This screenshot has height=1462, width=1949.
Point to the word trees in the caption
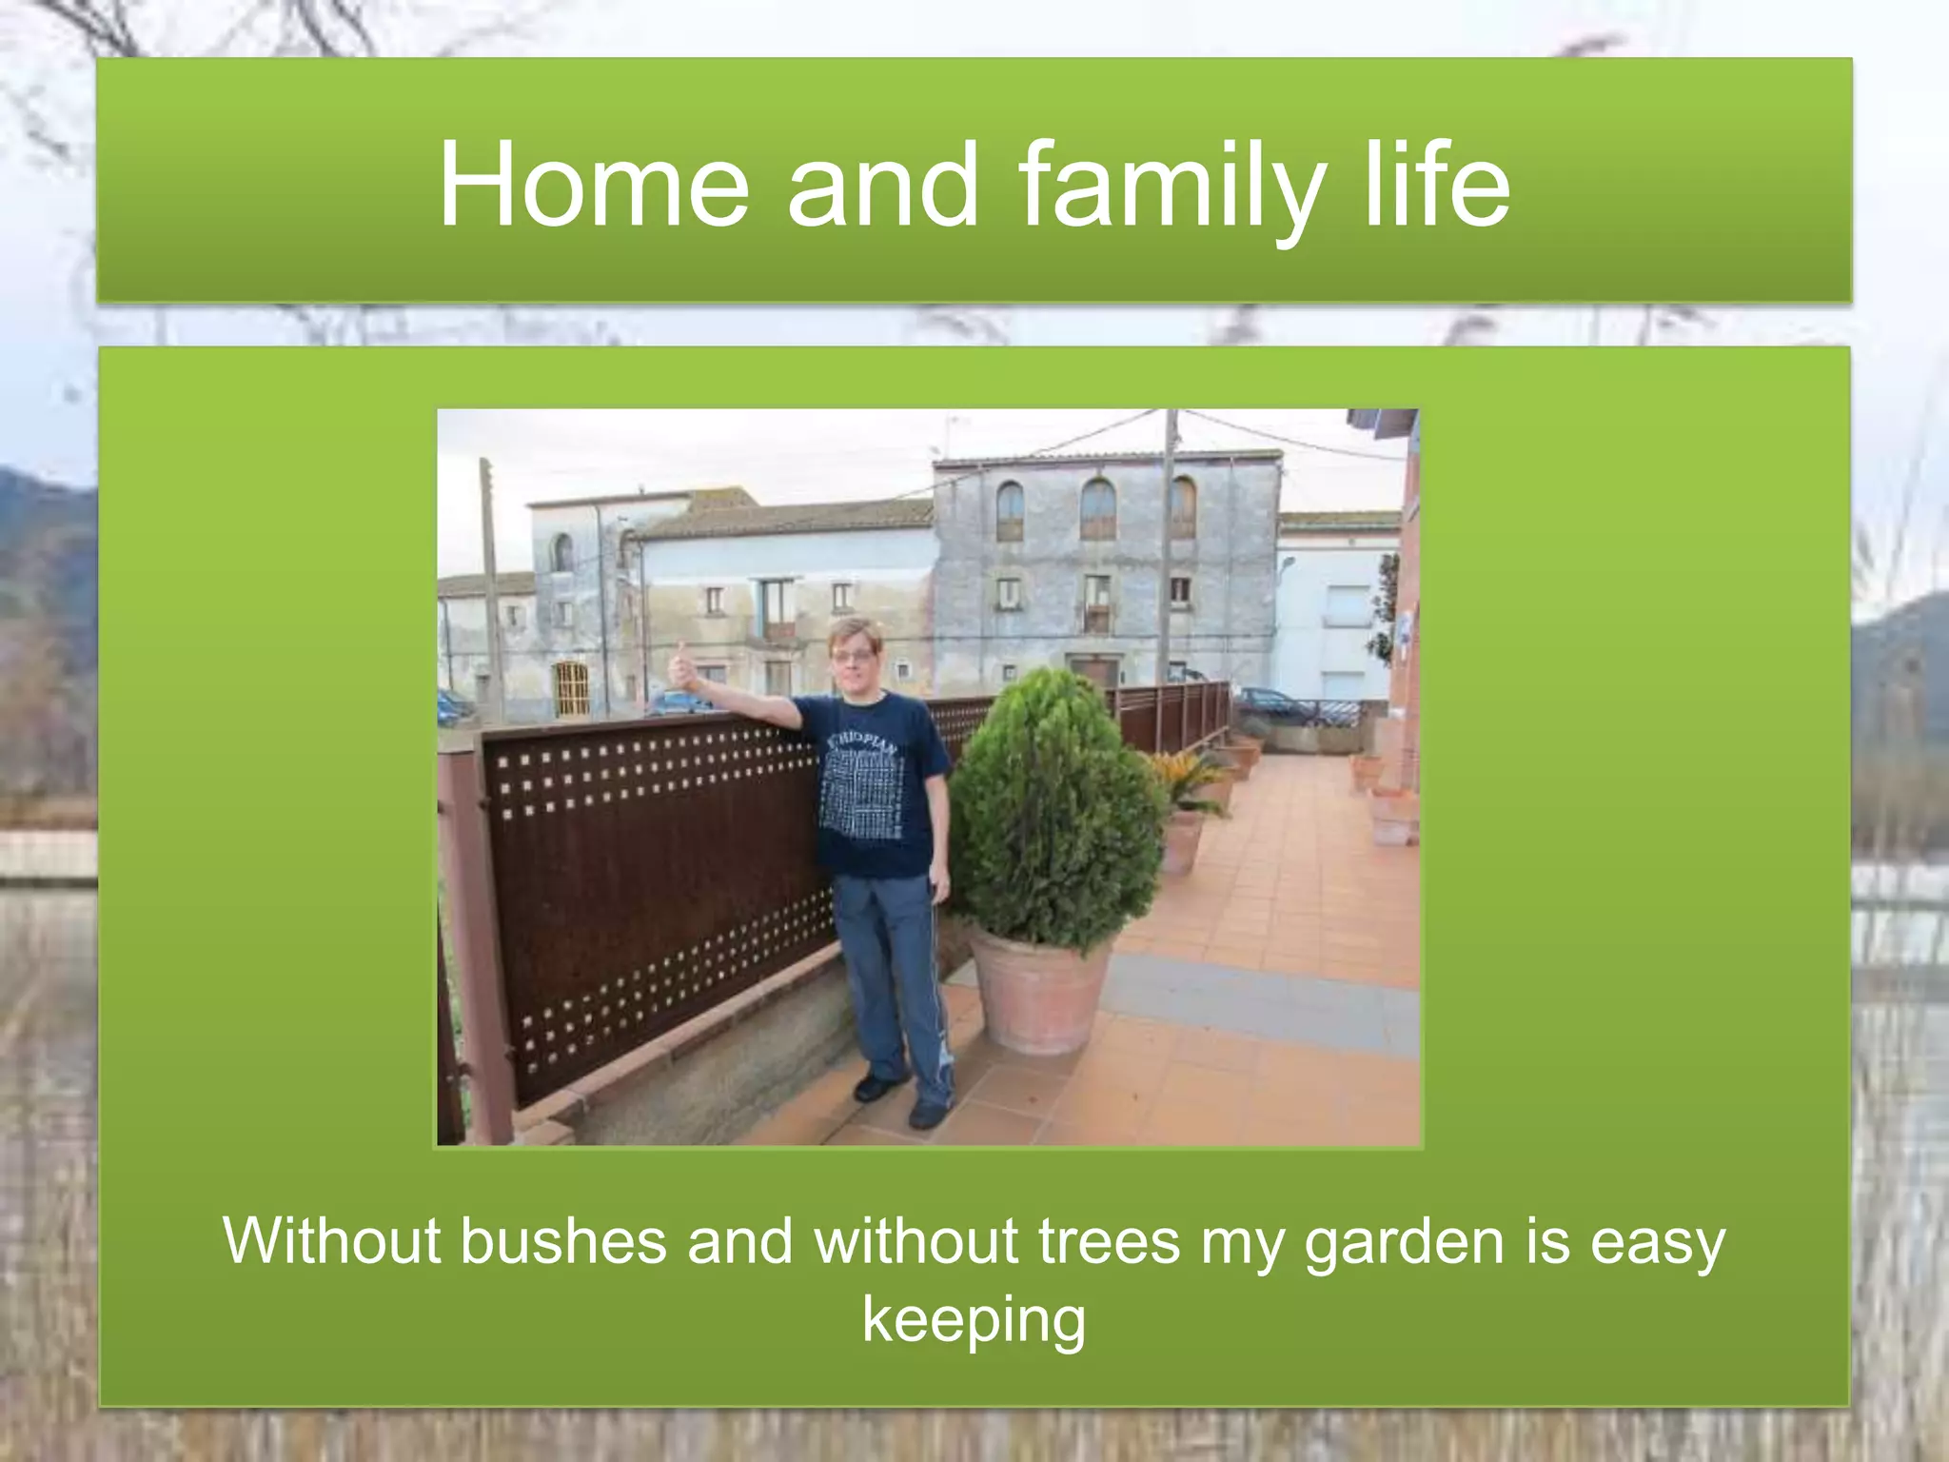click(1109, 1241)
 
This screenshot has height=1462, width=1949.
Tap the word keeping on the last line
click(974, 1321)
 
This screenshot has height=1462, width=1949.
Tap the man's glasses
click(853, 656)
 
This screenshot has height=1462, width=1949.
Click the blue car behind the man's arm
click(680, 703)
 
